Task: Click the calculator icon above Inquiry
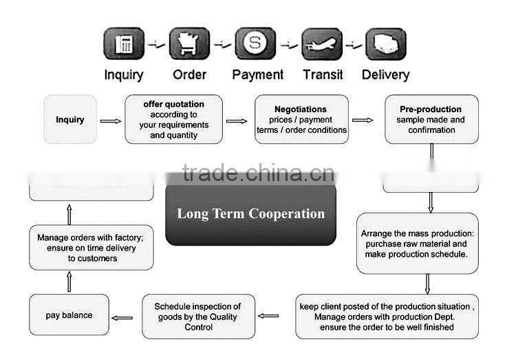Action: pyautogui.click(x=124, y=44)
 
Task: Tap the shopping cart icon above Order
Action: pyautogui.click(x=189, y=44)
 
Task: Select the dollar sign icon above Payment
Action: pyautogui.click(x=255, y=44)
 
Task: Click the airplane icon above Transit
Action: pyautogui.click(x=322, y=44)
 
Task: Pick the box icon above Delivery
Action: pyautogui.click(x=385, y=44)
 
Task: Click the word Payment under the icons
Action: pyautogui.click(x=257, y=74)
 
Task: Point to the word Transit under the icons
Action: pyautogui.click(x=323, y=74)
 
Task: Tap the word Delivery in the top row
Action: pyautogui.click(x=385, y=74)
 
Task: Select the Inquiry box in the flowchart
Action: pyautogui.click(x=70, y=120)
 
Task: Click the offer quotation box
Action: pyautogui.click(x=173, y=120)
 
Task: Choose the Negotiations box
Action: pyautogui.click(x=301, y=120)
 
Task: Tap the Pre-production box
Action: pyautogui.click(x=431, y=120)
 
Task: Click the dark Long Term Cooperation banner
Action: pyautogui.click(x=250, y=214)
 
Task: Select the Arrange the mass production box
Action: pyautogui.click(x=417, y=244)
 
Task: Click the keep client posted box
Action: pyautogui.click(x=386, y=317)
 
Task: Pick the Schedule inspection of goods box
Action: pyautogui.click(x=198, y=317)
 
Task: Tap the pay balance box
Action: pyautogui.click(x=69, y=315)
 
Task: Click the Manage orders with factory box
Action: pyautogui.click(x=92, y=248)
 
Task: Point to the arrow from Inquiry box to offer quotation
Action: pyautogui.click(x=110, y=121)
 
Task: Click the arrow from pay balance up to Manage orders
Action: pyautogui.click(x=69, y=282)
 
